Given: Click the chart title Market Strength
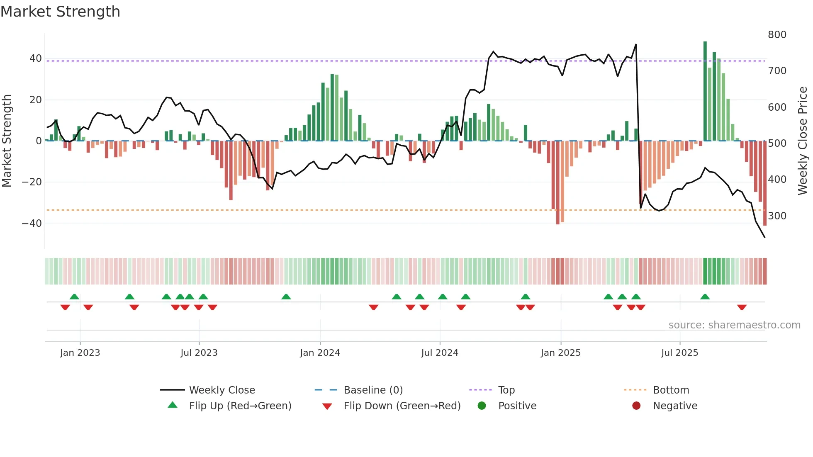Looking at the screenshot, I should (60, 12).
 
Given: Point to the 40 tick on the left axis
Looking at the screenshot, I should (35, 58).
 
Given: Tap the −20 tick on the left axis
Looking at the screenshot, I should (32, 182).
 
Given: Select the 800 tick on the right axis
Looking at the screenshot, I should (777, 35).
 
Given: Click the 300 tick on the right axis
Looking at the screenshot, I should (777, 216).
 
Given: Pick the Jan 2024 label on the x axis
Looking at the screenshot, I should (320, 353).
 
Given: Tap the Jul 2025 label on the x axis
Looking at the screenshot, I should (679, 353).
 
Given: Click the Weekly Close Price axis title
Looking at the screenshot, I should (803, 141).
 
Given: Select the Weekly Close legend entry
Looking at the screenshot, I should (222, 390).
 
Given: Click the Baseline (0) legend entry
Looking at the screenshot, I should (373, 390).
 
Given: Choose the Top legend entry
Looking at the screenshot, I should (506, 390).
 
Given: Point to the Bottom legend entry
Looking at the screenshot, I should (671, 390).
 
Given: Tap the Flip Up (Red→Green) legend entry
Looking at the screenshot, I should (240, 406).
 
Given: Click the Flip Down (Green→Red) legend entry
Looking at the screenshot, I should (402, 406).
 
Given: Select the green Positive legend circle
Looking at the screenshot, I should (482, 406).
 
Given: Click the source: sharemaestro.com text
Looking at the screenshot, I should (734, 325).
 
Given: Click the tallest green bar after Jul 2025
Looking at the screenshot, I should (705, 91).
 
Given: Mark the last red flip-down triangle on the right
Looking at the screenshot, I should (742, 307).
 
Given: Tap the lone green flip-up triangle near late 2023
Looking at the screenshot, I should (286, 297).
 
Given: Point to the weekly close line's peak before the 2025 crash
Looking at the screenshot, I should (636, 45).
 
